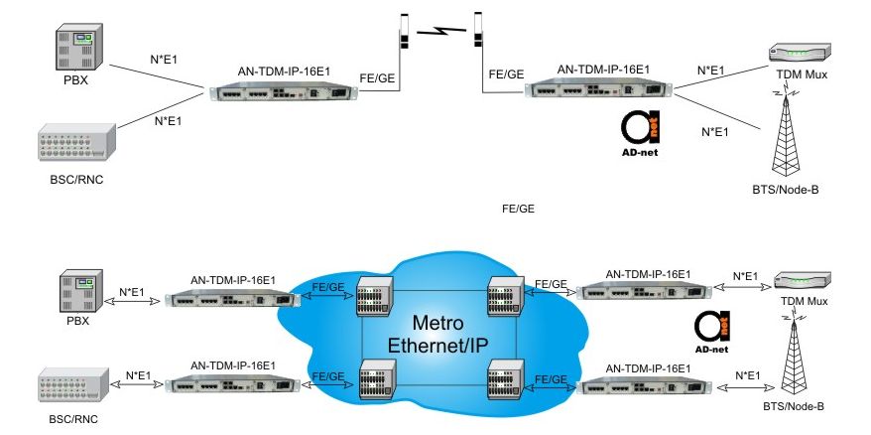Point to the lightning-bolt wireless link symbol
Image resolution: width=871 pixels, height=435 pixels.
coord(440,31)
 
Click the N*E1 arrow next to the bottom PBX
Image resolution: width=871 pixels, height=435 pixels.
coord(134,303)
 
